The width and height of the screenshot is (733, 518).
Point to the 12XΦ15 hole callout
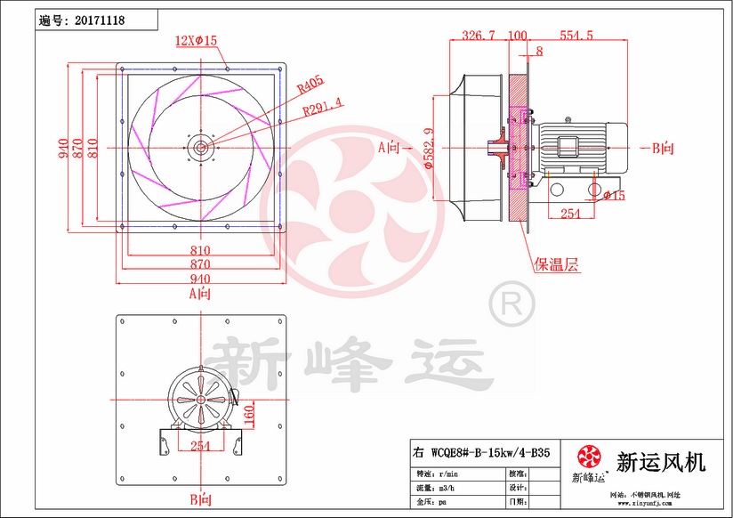(x=197, y=40)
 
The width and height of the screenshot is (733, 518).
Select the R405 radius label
(x=310, y=86)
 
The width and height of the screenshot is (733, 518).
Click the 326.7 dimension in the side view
(x=479, y=36)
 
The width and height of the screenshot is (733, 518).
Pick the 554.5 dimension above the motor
(x=576, y=36)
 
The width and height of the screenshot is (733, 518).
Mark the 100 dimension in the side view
(x=517, y=36)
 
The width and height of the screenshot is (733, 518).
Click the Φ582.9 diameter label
(x=429, y=148)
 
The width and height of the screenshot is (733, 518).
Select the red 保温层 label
(x=556, y=264)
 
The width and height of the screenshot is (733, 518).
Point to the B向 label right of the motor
(x=663, y=148)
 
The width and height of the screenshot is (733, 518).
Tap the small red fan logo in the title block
(x=589, y=457)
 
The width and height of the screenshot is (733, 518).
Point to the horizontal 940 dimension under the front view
(x=201, y=279)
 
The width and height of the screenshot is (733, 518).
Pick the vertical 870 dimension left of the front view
(x=79, y=148)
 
